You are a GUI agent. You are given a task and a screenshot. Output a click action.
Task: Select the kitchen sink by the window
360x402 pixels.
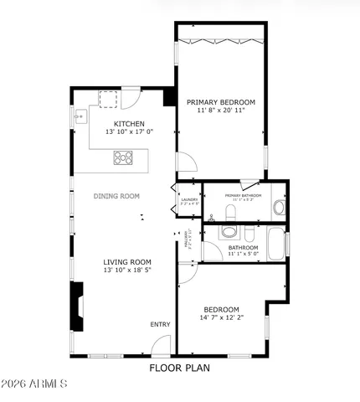[81, 116]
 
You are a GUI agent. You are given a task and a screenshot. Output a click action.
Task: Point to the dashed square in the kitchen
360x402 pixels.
[109, 99]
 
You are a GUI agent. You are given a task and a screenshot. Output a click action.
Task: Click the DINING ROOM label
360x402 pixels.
[116, 196]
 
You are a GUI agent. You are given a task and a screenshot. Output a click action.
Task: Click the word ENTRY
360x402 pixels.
[160, 325]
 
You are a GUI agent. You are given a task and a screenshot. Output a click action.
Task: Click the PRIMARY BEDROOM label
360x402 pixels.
[221, 101]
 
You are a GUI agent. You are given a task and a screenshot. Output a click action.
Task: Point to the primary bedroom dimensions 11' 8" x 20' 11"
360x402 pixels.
[221, 111]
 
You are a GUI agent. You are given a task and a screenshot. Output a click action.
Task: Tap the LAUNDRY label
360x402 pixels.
[190, 199]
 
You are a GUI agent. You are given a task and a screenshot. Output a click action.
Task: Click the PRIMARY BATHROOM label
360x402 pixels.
[243, 195]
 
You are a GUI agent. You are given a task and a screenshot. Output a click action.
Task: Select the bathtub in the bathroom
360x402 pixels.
[275, 243]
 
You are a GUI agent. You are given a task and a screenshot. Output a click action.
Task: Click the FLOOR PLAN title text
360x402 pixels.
[179, 368]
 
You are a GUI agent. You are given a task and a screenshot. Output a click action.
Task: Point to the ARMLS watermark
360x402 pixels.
[35, 384]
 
